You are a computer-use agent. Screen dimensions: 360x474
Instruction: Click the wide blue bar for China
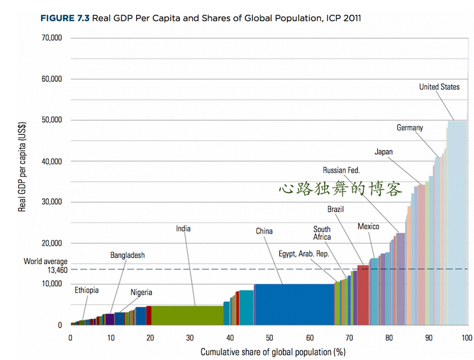pos(294,304)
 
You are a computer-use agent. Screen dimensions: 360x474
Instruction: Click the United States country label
pos(439,87)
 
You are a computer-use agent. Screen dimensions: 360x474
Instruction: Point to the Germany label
pos(409,128)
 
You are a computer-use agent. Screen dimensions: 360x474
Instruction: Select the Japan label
pos(383,152)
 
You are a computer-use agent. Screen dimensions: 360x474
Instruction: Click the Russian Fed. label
pos(341,171)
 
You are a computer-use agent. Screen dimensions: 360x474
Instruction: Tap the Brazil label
pos(336,209)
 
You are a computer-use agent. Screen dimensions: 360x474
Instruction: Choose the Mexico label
pos(368,227)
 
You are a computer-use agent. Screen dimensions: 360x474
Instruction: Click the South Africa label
pos(322,233)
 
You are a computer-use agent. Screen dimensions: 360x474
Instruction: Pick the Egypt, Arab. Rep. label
pos(303,253)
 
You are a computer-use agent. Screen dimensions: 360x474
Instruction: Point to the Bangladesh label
pos(127,255)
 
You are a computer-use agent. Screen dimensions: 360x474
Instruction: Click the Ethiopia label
pos(86,290)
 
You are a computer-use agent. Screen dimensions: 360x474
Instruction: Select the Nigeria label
pos(141,292)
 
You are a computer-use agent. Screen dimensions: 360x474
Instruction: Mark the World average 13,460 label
pos(46,265)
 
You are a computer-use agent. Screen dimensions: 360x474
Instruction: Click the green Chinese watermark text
pos(340,189)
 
